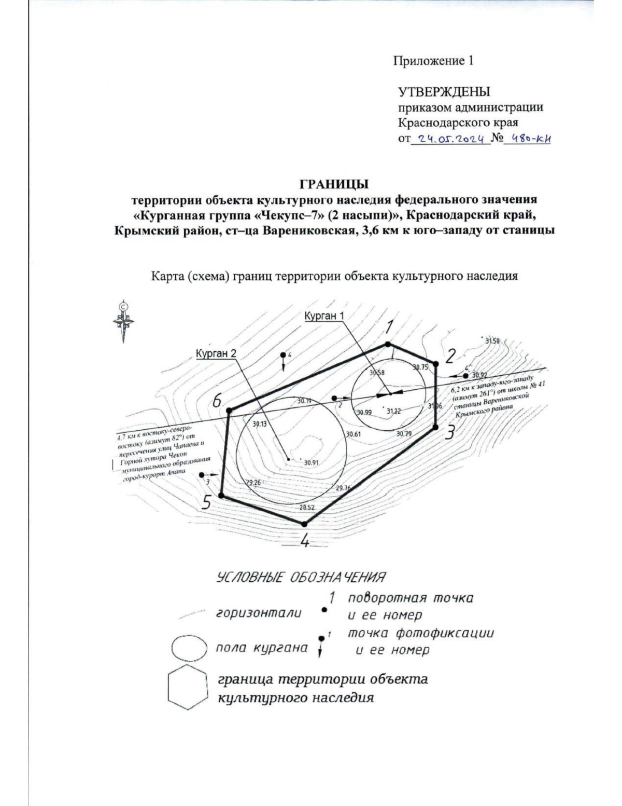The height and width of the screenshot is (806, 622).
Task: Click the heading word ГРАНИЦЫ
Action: click(334, 184)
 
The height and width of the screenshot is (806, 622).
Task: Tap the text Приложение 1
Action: click(433, 61)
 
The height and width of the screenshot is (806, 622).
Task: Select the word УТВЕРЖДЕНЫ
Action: click(444, 92)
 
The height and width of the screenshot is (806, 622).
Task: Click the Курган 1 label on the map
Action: click(324, 316)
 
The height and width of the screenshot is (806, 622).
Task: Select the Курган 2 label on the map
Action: click(216, 353)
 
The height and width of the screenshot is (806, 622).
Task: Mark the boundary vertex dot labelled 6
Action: click(229, 411)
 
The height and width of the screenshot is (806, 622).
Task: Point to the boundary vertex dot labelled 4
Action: click(305, 524)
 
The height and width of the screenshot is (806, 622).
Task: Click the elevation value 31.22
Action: click(393, 411)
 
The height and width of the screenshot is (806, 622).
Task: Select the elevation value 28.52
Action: click(307, 508)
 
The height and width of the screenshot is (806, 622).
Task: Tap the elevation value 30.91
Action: click(312, 462)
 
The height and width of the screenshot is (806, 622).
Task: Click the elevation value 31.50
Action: click(492, 341)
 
